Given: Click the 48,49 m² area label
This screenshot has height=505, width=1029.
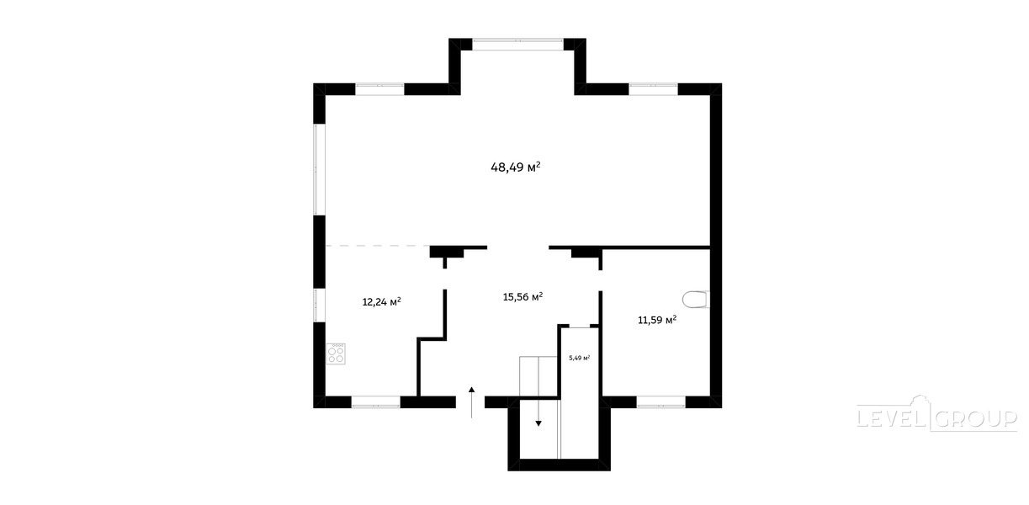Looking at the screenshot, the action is [516, 167].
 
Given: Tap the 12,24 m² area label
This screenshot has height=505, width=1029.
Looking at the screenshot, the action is [382, 302].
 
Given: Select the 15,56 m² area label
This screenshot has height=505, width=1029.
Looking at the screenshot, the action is [522, 297].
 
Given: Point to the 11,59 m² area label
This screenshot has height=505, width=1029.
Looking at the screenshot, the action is [657, 320].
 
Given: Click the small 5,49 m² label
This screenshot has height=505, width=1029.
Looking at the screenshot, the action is [579, 358].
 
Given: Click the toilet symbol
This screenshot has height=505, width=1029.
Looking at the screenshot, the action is [696, 300].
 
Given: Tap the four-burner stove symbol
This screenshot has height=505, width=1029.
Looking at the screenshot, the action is [336, 353].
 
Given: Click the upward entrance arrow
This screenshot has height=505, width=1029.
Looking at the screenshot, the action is [471, 402].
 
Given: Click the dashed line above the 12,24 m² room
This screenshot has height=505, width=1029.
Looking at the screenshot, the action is [377, 246].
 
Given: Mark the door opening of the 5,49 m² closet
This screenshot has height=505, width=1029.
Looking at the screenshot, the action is [580, 327].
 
